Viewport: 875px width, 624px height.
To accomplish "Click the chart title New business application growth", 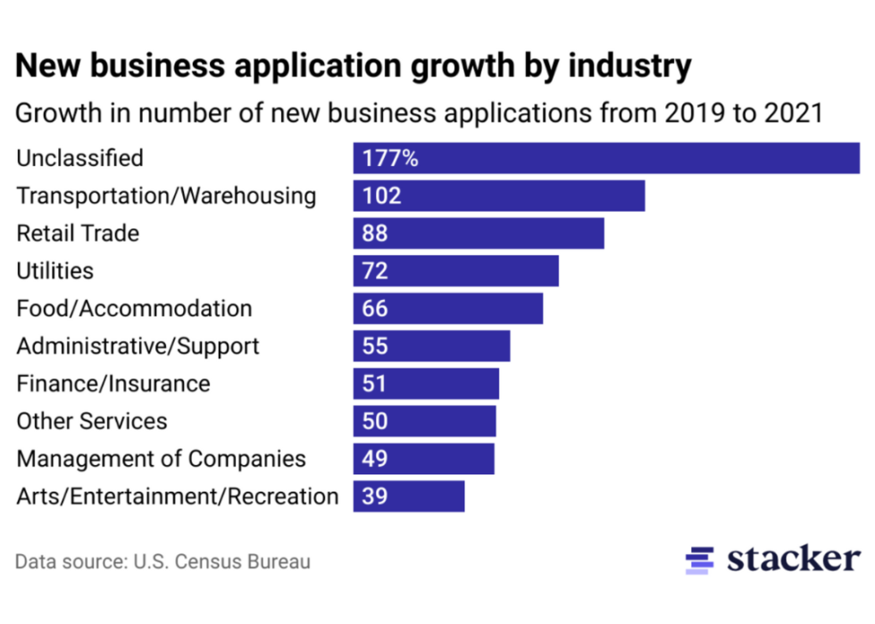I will (x=354, y=66).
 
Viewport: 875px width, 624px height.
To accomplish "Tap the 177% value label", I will (x=390, y=159).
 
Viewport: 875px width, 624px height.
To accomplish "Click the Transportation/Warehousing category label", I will (x=166, y=196).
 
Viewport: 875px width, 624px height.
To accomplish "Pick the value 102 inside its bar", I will (x=382, y=196).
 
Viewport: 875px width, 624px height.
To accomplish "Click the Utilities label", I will (x=54, y=270).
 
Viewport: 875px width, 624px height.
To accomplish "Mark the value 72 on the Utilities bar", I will (x=376, y=271).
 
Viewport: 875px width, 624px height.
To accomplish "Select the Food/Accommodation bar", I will (x=447, y=309).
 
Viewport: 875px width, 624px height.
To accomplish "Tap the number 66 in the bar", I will (x=376, y=309).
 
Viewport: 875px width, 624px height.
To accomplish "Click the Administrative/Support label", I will (x=137, y=345).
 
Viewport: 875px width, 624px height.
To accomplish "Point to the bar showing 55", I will (x=431, y=346).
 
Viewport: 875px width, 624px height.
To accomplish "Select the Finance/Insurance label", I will (x=113, y=384).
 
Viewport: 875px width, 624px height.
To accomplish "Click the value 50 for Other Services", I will (x=376, y=421).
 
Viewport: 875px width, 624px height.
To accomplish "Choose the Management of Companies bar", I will (x=423, y=459).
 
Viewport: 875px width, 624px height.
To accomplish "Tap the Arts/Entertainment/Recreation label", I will (x=178, y=496).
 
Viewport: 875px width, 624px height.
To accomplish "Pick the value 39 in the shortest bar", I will (x=376, y=496).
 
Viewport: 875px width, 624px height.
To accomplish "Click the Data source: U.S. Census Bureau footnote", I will (x=162, y=562).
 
